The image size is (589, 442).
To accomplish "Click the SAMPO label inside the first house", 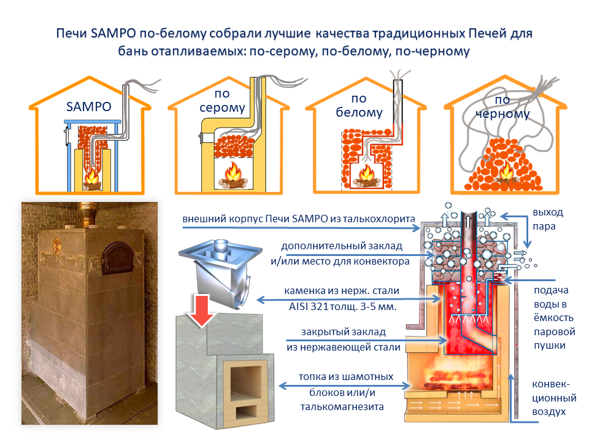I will coord(89,106).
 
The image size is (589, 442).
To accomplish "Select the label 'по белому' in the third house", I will coord(359,106).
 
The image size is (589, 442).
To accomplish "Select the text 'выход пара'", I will coord(547,219).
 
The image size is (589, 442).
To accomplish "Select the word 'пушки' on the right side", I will coord(549,345).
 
